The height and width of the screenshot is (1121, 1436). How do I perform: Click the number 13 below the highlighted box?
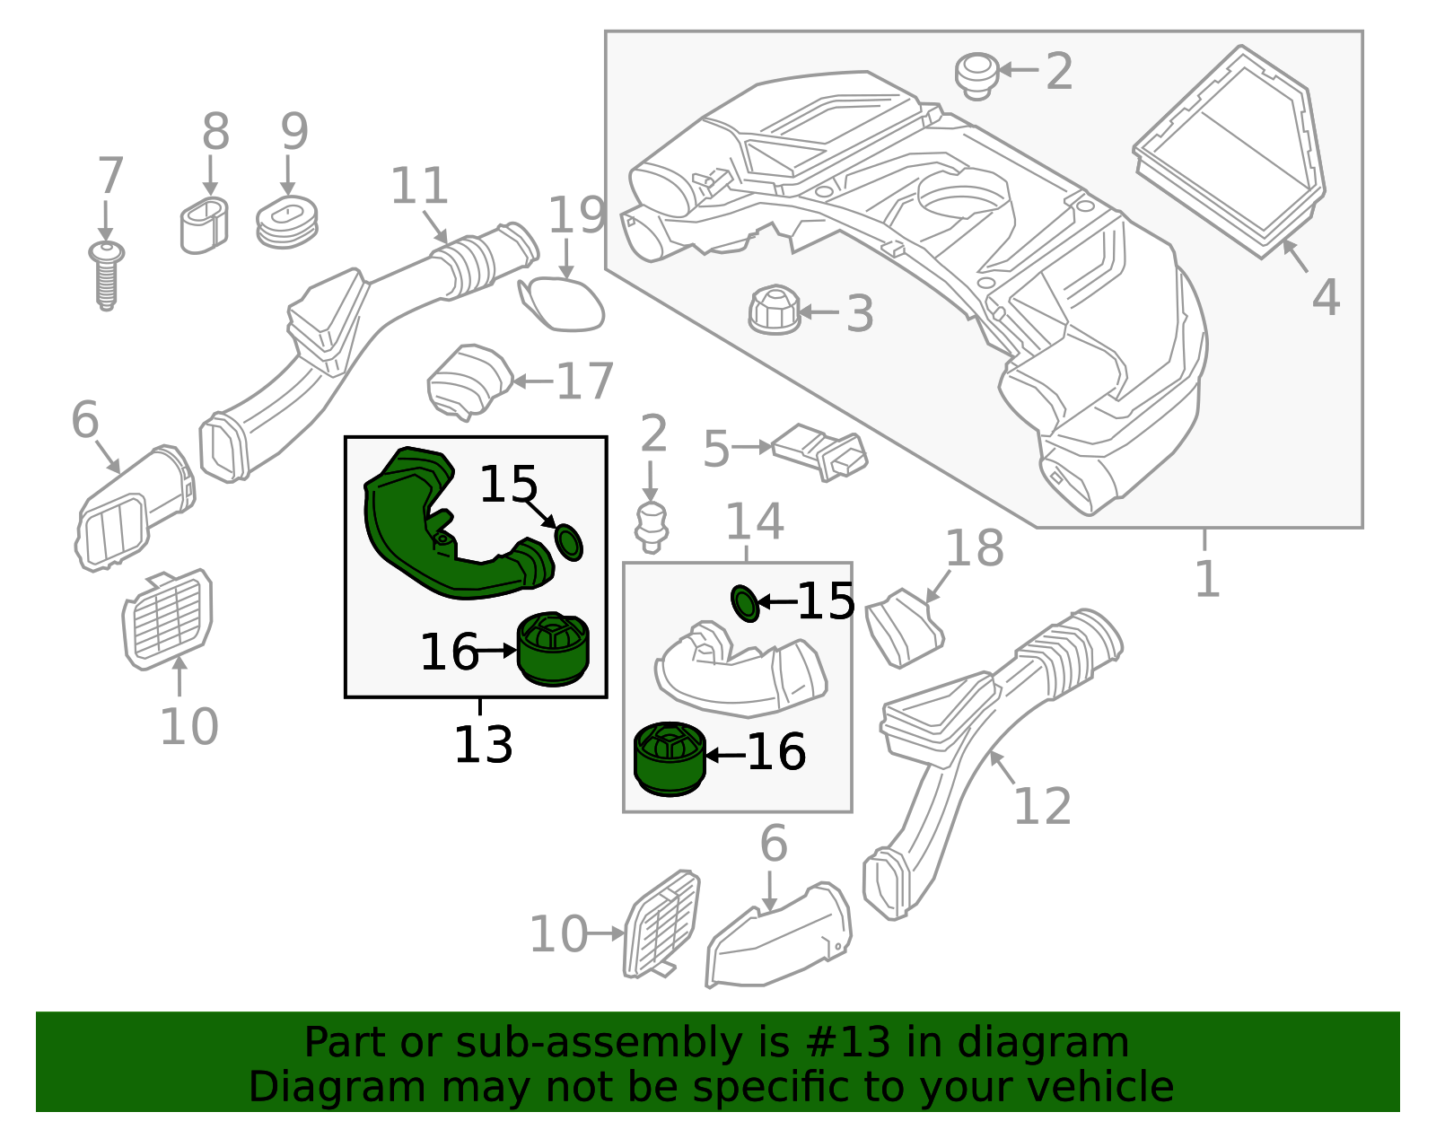click(x=483, y=745)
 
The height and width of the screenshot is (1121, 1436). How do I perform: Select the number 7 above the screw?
click(x=109, y=176)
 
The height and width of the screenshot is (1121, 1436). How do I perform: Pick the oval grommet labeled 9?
click(x=286, y=223)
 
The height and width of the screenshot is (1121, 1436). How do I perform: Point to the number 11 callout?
click(x=419, y=187)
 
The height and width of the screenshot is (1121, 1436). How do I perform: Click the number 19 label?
click(x=576, y=215)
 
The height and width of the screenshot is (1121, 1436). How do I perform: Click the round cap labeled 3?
click(x=773, y=311)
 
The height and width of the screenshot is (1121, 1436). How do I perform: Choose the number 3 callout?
click(x=860, y=314)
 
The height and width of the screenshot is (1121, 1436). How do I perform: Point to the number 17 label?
click(x=584, y=381)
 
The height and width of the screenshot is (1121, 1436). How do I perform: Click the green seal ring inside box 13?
click(x=569, y=542)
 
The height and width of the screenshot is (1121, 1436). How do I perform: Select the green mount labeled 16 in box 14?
click(x=670, y=758)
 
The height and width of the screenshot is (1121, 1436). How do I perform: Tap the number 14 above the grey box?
click(x=754, y=521)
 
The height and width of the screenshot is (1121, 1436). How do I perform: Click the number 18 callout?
click(x=975, y=548)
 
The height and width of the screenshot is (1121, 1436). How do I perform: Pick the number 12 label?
click(x=1042, y=806)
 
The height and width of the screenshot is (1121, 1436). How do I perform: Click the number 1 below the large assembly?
click(x=1207, y=579)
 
